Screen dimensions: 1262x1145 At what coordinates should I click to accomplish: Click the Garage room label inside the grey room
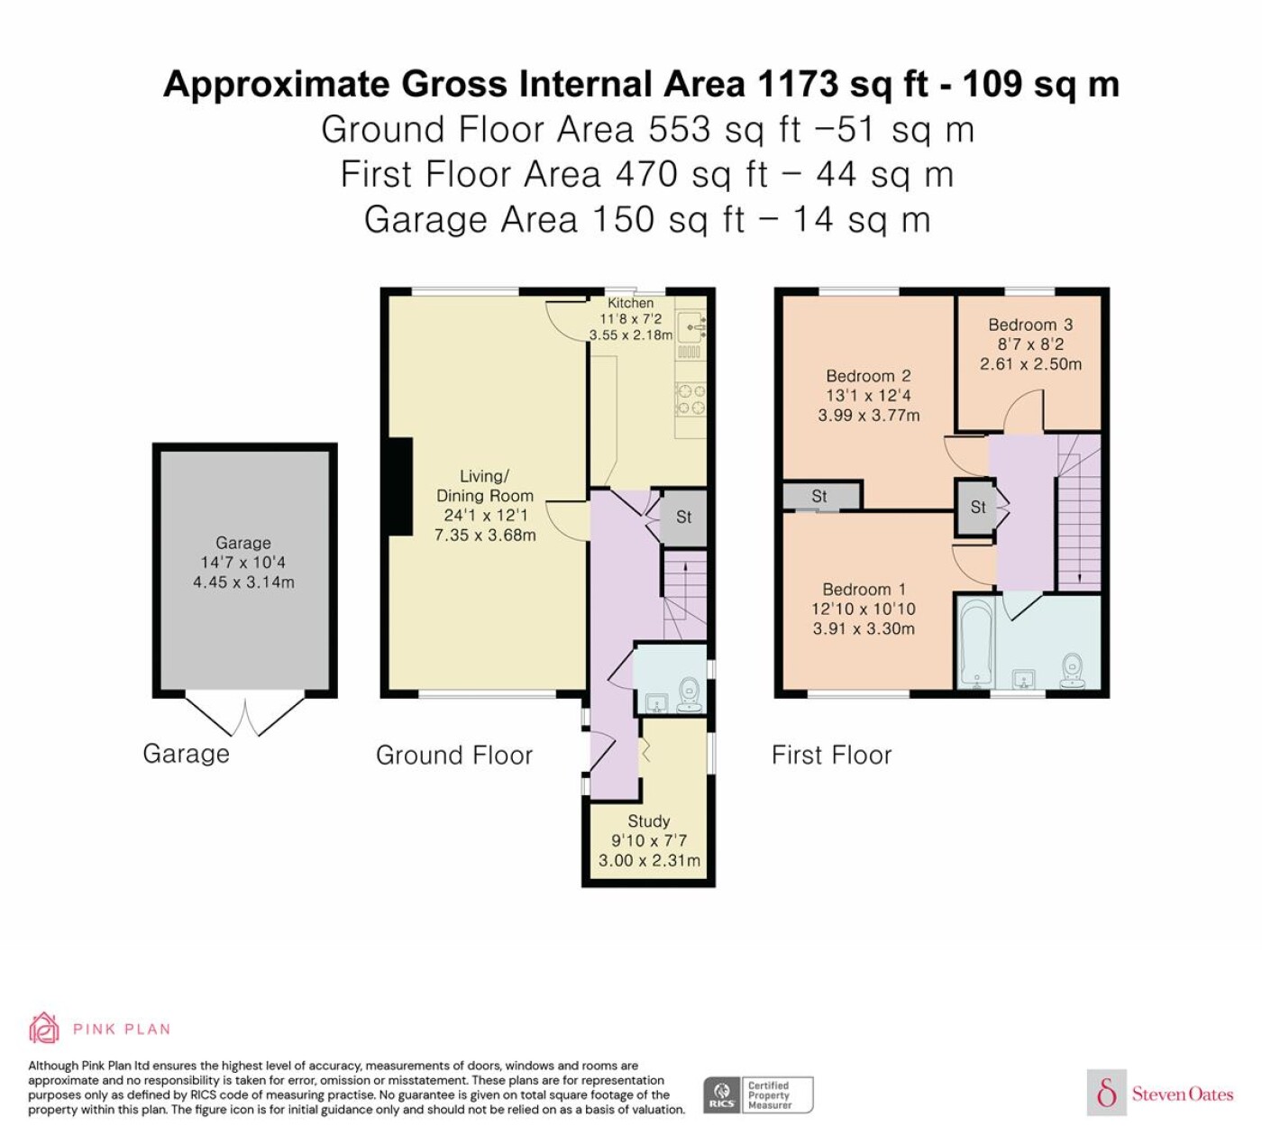tap(242, 543)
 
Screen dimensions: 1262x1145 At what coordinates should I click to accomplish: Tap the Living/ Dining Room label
tap(484, 485)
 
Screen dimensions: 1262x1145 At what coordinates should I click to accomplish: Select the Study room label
tap(649, 821)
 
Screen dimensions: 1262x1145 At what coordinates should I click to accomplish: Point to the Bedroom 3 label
tap(1029, 325)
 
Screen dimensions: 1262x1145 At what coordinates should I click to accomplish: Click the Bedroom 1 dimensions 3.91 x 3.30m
tap(864, 628)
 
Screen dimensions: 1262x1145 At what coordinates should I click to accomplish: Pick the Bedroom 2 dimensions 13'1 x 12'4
tap(868, 395)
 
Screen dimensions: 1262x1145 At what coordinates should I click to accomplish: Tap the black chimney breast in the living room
tap(401, 487)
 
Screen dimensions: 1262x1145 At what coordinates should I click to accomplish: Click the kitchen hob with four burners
tap(690, 399)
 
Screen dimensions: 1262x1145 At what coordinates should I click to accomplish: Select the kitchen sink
tap(691, 326)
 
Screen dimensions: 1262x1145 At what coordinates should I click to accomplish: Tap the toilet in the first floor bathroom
tap(1072, 671)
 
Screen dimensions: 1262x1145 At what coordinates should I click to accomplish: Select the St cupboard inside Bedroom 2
tap(820, 496)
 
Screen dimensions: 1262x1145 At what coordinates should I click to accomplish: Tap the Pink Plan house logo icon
tap(44, 1029)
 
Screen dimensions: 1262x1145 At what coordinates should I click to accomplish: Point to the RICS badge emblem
tap(721, 1095)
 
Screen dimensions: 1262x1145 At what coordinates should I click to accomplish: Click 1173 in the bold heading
tap(798, 84)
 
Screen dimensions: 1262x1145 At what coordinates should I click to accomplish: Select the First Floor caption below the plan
tap(832, 755)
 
